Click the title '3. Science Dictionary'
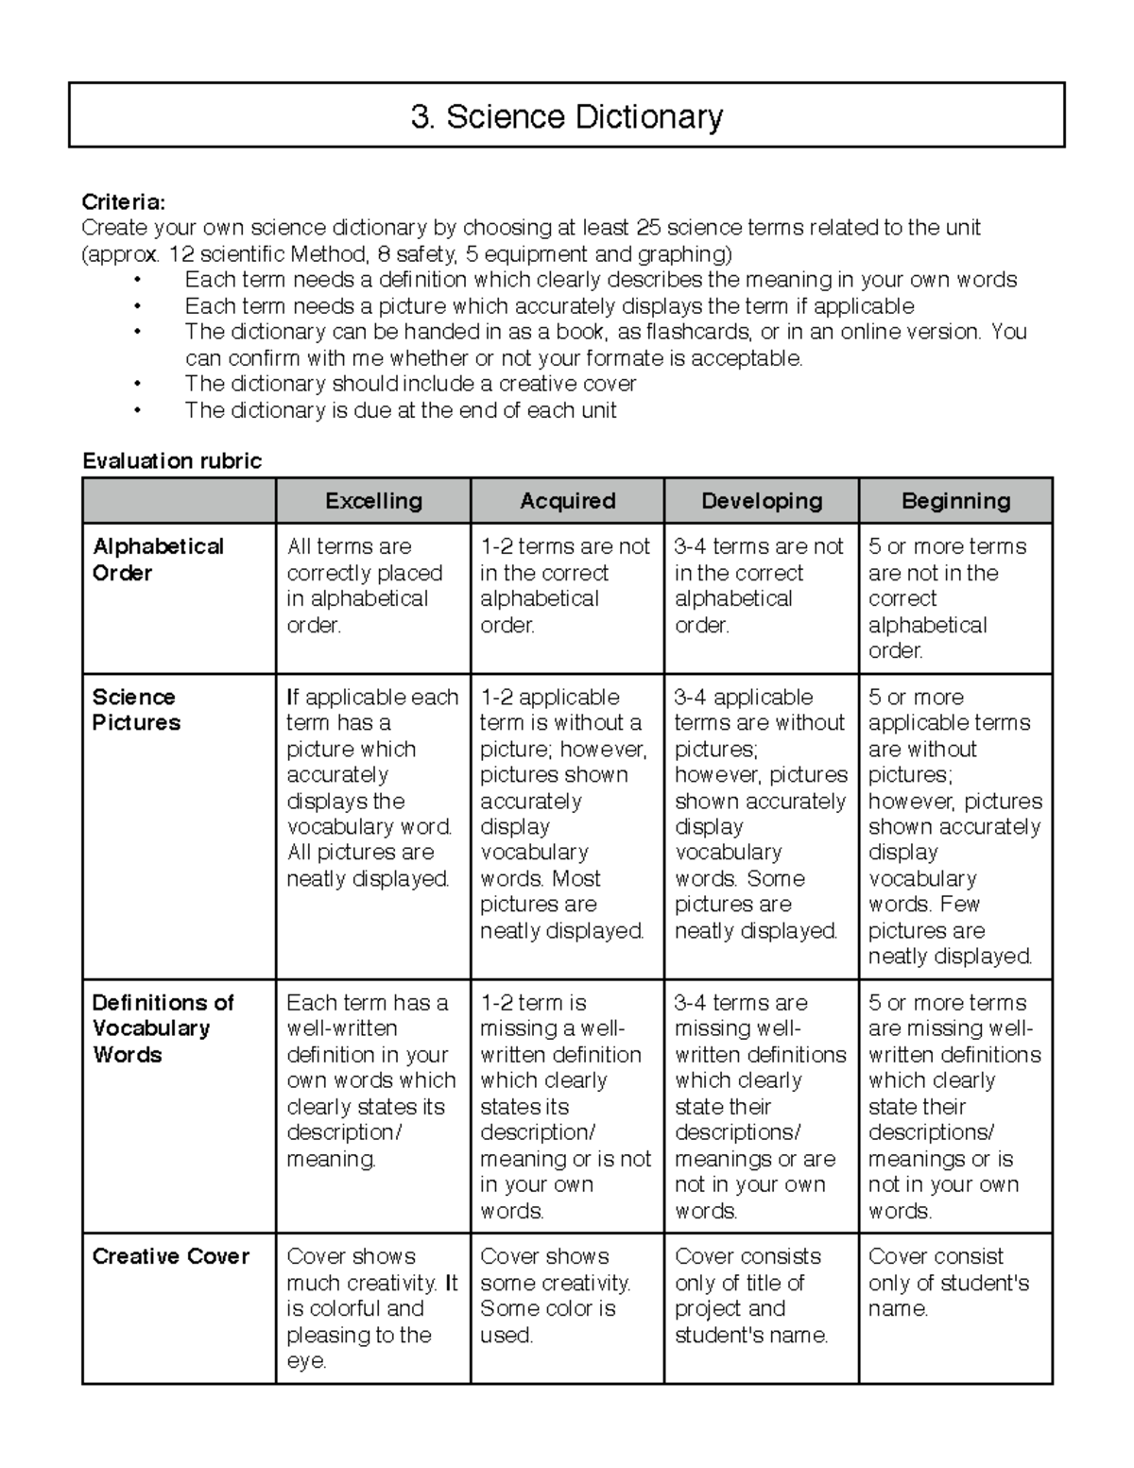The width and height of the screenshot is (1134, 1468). click(567, 117)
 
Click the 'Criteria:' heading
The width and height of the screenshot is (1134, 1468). click(124, 201)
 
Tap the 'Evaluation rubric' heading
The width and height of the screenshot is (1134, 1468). click(172, 461)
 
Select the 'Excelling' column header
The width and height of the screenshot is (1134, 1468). click(373, 501)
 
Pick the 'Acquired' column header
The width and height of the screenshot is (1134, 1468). click(567, 501)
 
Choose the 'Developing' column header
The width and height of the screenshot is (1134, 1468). click(762, 501)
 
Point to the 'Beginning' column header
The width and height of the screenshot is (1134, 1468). click(955, 501)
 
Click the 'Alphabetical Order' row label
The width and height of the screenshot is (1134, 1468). click(158, 560)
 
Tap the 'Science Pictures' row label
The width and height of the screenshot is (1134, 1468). click(135, 710)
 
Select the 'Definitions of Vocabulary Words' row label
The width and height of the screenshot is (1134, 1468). click(163, 1028)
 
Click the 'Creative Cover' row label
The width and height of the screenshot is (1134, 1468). click(171, 1256)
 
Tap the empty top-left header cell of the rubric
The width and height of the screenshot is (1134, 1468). click(180, 501)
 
